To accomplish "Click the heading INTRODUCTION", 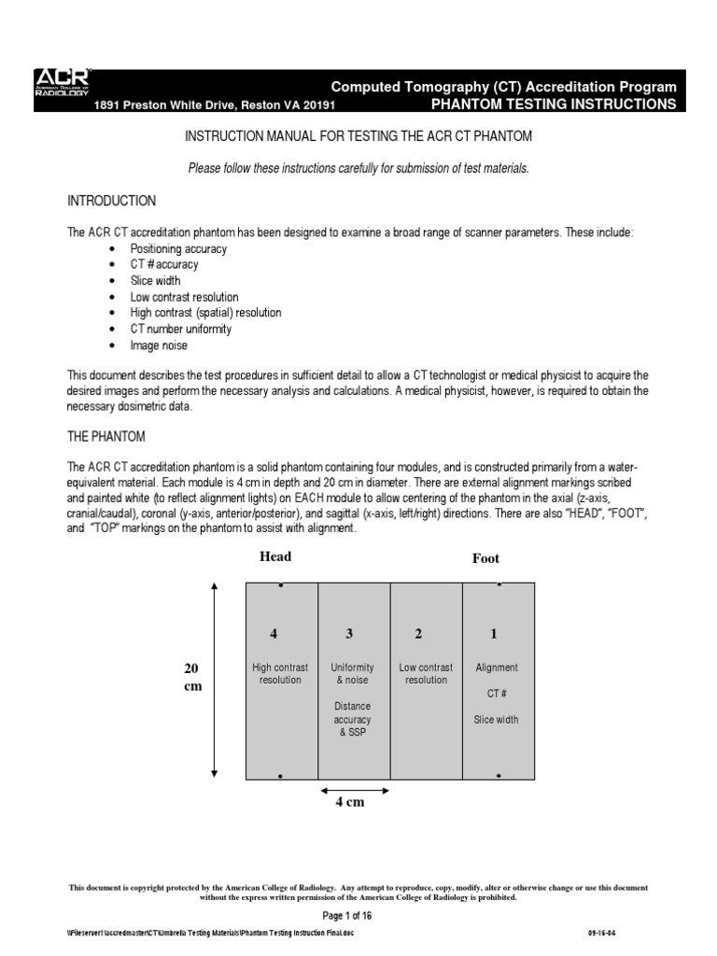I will coord(111,201).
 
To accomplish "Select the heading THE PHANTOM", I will coord(105,436).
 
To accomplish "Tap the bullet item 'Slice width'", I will coord(155,281).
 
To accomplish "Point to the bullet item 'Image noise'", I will coord(159,345).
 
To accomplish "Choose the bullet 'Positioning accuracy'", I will coord(178,249).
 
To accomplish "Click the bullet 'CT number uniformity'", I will coord(181,330).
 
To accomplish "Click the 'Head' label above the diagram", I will coord(275,556).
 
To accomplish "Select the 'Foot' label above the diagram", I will coord(485,558).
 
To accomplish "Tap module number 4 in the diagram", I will coord(274,634).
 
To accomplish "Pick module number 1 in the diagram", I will coord(494,634).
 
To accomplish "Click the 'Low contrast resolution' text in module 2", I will coord(426,674).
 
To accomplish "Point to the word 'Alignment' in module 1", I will coord(497,668).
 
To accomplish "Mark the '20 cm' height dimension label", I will coord(191,677).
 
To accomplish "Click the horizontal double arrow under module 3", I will coord(354,789).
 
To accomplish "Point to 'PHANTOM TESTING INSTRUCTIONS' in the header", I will coord(553,104).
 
